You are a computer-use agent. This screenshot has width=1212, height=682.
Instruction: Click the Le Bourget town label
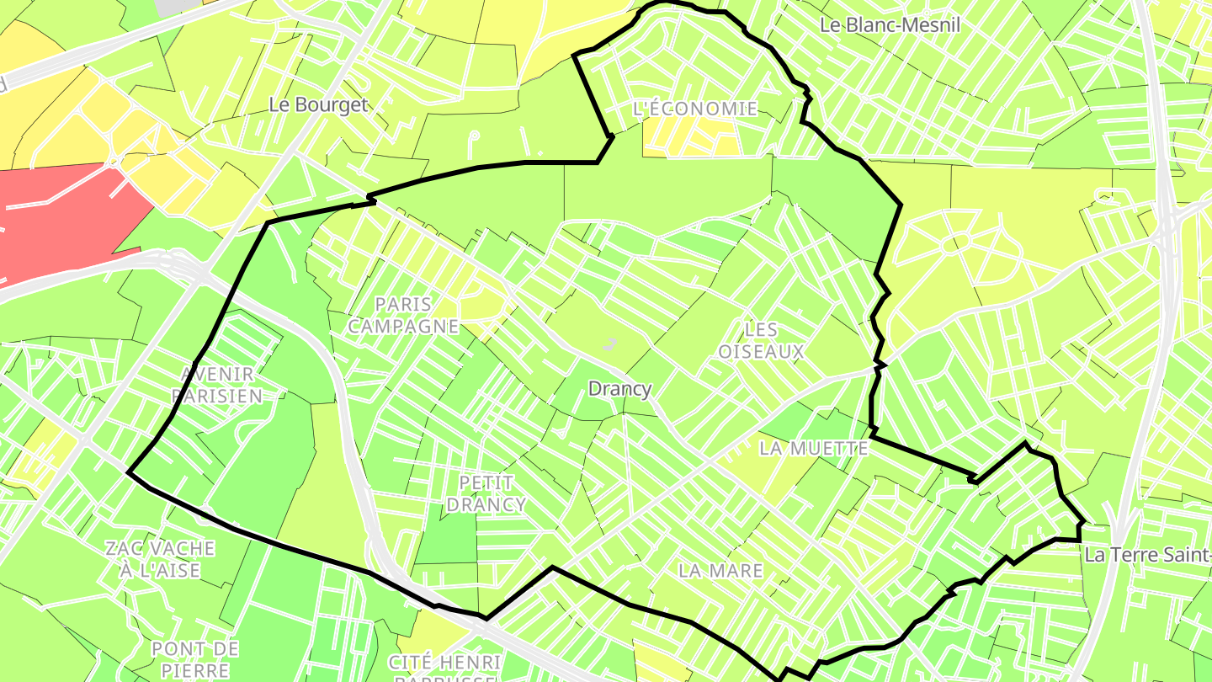point(318,104)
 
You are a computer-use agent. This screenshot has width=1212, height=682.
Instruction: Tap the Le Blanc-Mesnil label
point(890,25)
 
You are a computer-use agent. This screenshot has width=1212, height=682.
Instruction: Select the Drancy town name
point(619,389)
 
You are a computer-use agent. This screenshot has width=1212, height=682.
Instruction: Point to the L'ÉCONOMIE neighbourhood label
point(694,109)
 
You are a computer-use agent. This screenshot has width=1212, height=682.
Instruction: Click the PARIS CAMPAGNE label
point(404,315)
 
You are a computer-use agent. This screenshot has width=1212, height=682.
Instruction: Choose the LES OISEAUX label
point(761,340)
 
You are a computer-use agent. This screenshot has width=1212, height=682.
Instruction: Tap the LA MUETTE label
point(813,449)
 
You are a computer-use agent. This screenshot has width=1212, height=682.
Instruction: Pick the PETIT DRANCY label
point(486,493)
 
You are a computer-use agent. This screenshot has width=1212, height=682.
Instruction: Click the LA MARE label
point(720,570)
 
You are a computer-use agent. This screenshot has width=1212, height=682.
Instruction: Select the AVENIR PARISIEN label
point(217,384)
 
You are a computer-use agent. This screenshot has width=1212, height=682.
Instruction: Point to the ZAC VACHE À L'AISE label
point(160,559)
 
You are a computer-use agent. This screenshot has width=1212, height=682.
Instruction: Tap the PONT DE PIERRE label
point(195,659)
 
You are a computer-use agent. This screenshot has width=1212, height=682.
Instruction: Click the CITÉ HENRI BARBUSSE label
point(446,669)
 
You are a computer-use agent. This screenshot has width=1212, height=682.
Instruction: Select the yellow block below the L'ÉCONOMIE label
point(690,139)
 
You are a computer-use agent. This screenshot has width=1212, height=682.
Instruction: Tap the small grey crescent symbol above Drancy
point(610,343)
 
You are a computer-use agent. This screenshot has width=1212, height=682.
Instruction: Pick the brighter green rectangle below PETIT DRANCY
point(446,539)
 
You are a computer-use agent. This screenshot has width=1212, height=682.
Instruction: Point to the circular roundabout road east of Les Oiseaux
point(950,245)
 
